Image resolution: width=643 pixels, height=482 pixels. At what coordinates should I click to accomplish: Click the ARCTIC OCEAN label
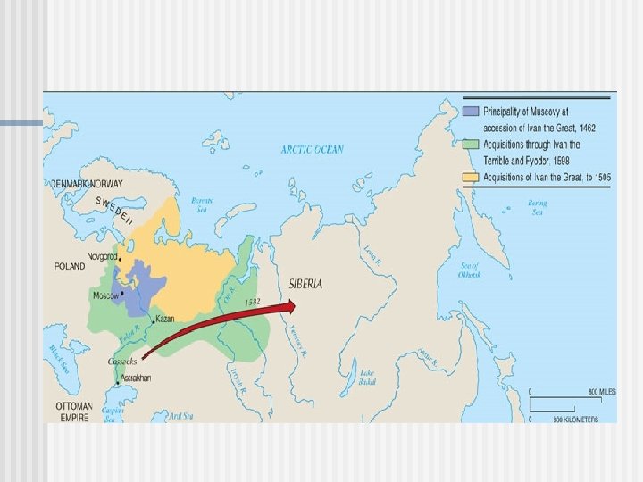coord(312,149)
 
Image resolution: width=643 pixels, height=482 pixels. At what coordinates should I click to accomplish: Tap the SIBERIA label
coord(306,283)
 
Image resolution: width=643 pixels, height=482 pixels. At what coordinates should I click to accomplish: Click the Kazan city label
coord(165,319)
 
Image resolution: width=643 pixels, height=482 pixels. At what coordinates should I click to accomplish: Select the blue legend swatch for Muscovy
coord(471,111)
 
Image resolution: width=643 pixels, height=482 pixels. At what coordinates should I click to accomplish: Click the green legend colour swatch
coord(471,144)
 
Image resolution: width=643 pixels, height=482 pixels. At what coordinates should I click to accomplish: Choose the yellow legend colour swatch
coord(471,176)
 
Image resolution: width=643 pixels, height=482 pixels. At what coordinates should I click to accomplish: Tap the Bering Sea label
coord(537,207)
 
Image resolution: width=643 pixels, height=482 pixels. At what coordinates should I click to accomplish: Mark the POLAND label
coord(70,266)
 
